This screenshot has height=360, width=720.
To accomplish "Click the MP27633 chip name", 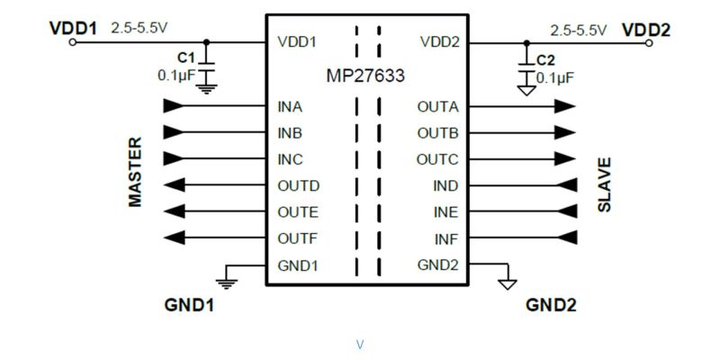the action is (365, 76).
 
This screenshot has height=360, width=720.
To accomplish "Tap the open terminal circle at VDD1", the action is (72, 42).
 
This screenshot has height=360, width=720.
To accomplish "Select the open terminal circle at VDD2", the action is (648, 43).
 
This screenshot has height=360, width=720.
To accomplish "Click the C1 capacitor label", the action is (186, 58).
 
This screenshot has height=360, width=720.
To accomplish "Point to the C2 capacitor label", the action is (545, 60).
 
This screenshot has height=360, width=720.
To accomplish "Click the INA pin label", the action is (290, 107).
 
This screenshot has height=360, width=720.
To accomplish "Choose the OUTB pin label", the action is (437, 133).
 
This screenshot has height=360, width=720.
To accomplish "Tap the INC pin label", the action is (290, 160).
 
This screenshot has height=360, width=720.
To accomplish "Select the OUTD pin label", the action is (299, 186).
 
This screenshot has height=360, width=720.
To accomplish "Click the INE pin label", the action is (445, 212).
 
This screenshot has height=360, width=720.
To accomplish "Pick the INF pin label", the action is (446, 238).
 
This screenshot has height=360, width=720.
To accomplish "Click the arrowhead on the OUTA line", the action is (564, 106).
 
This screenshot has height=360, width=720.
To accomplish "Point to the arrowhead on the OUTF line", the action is (174, 238).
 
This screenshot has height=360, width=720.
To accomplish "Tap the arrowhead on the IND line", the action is (567, 185).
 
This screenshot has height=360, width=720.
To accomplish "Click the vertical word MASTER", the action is (135, 172).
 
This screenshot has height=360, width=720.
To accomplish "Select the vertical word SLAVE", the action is (604, 184).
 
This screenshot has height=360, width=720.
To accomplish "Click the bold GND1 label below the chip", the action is (189, 305).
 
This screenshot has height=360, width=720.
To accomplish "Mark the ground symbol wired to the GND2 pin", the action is (508, 284).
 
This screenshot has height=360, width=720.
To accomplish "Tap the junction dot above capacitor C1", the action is (206, 42).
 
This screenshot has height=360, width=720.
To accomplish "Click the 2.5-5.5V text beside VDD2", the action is (579, 31).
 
